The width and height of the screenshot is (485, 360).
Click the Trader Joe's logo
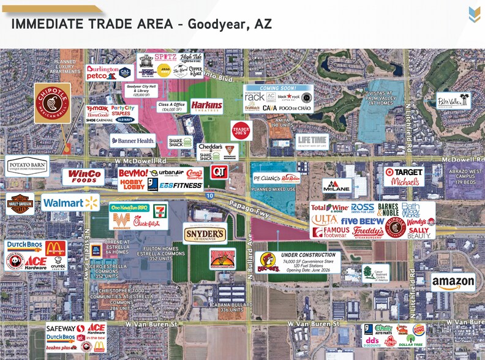(241, 131)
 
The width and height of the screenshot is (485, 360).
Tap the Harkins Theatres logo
(206, 105)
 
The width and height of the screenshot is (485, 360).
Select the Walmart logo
(70, 203)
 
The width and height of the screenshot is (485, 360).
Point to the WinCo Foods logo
(83, 177)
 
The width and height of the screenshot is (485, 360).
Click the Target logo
(404, 172)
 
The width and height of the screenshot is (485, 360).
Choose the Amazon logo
(453, 282)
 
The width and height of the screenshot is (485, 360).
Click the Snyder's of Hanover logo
(205, 233)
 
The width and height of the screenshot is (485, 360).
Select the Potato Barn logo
(27, 166)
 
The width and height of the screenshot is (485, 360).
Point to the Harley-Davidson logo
(20, 204)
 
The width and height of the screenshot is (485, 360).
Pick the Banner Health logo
(133, 140)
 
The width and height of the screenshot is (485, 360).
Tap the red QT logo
(219, 172)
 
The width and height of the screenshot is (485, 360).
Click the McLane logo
(337, 186)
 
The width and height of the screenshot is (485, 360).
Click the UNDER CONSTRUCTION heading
(308, 255)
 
